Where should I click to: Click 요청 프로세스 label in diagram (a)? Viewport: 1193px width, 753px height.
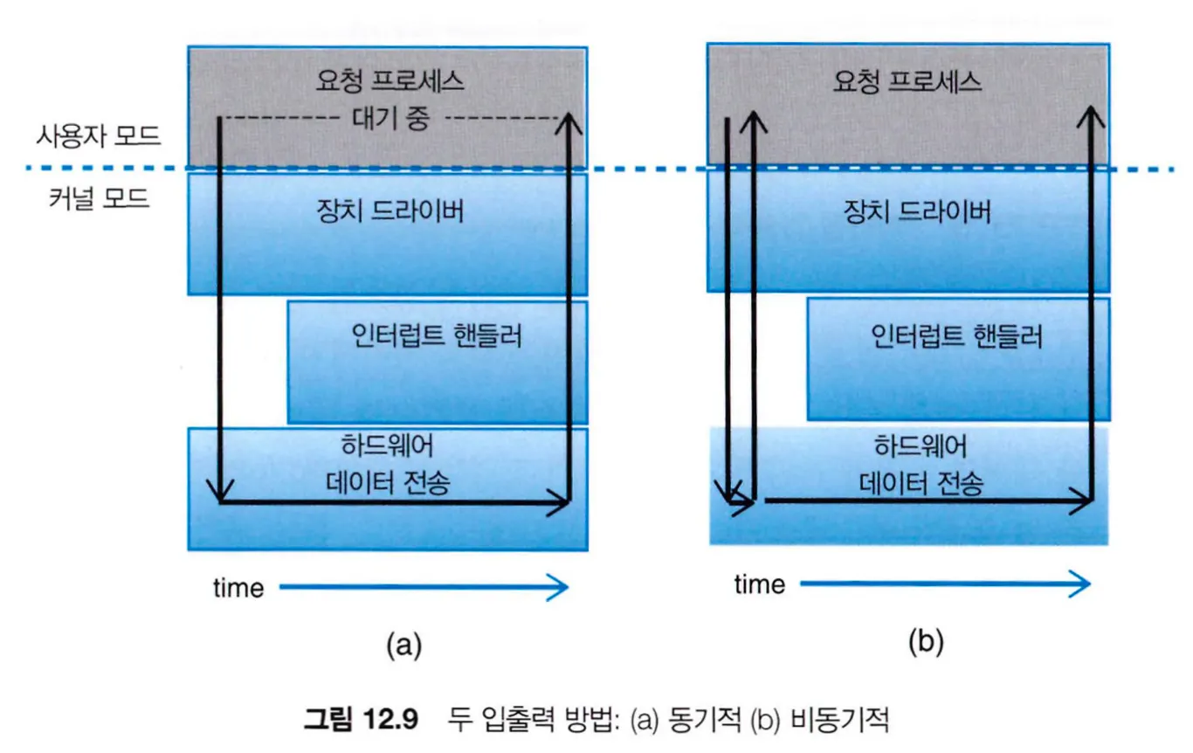pyautogui.click(x=390, y=82)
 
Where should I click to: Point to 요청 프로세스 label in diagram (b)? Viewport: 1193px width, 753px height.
pyautogui.click(x=907, y=82)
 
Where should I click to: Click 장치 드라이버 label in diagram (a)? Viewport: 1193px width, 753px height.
pyautogui.click(x=390, y=212)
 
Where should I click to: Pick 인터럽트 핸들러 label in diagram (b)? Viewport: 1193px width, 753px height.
pyautogui.click(x=957, y=336)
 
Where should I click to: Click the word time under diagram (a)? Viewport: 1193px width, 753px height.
pyautogui.click(x=238, y=588)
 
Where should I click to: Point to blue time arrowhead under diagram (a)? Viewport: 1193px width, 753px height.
pyautogui.click(x=559, y=588)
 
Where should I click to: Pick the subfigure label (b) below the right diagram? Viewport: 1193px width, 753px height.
pyautogui.click(x=926, y=643)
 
